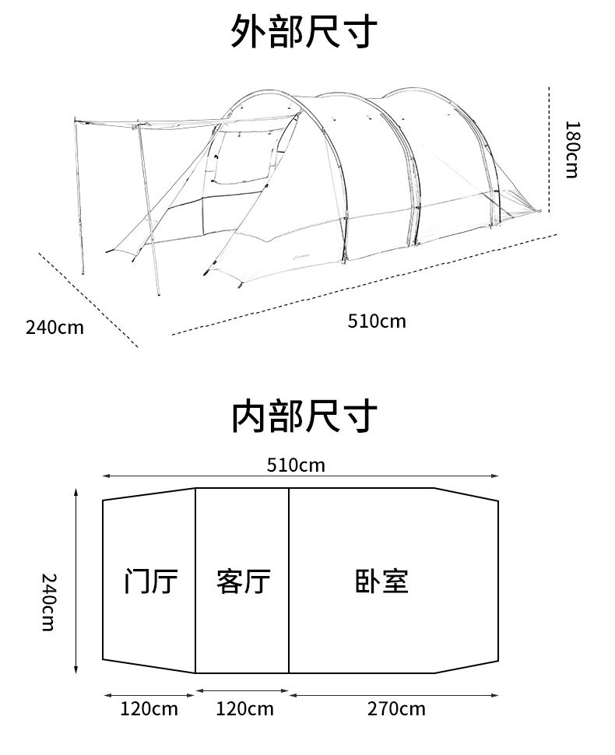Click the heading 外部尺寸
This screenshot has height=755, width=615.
coord(304,33)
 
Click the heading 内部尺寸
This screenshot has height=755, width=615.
coord(304,416)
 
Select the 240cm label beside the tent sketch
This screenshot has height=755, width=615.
coord(54,328)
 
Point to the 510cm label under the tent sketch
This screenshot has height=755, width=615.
coord(377,321)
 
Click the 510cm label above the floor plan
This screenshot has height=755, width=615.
coord(296,465)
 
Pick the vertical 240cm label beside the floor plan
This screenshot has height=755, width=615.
coord(47,602)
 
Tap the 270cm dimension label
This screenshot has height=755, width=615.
coord(396,708)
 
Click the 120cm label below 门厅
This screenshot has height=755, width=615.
coord(149,708)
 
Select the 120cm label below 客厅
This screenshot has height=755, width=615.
coord(244,708)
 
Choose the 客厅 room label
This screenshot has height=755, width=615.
coord(244,581)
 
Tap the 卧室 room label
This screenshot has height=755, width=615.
coord(382,581)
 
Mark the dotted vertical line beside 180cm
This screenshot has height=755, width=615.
coord(550,149)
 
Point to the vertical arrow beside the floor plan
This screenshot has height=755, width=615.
coord(76,580)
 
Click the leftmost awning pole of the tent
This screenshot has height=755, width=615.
coord(79,195)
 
